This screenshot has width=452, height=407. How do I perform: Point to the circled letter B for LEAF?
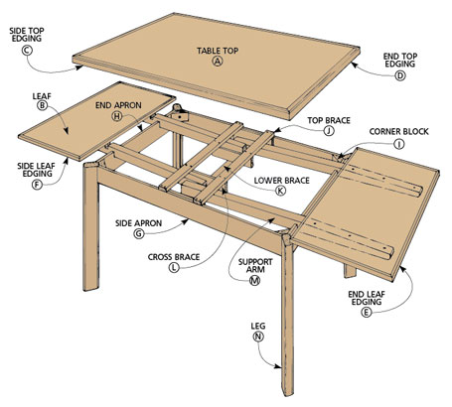pos(43,104)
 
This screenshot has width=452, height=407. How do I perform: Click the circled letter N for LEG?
pos(258,337)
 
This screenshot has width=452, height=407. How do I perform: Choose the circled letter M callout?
pos(254,281)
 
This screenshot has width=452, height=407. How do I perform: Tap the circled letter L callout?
pos(175,268)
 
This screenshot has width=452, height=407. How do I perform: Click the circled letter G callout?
pos(139,234)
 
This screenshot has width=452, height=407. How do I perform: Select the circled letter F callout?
pos(37,184)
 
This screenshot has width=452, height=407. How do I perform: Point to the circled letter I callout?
pos(398,143)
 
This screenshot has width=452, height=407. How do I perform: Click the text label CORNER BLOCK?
pos(398,129)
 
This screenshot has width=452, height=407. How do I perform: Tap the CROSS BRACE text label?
pos(175,255)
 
